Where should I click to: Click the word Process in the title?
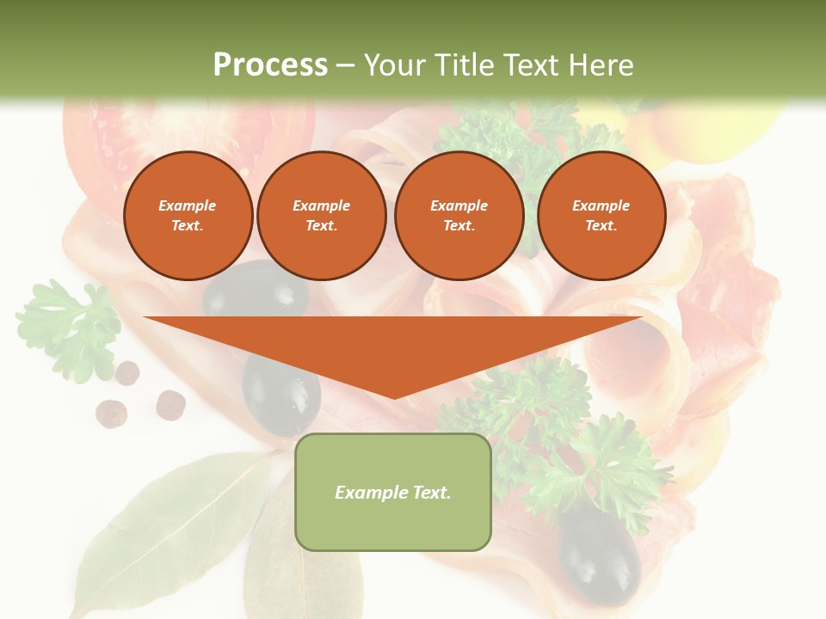270,64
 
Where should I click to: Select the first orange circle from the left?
188,216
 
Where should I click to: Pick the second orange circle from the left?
321,216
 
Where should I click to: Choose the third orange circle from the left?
459,216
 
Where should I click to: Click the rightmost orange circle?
601,216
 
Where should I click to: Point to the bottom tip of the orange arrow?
394,396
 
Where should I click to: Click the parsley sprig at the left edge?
69,327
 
